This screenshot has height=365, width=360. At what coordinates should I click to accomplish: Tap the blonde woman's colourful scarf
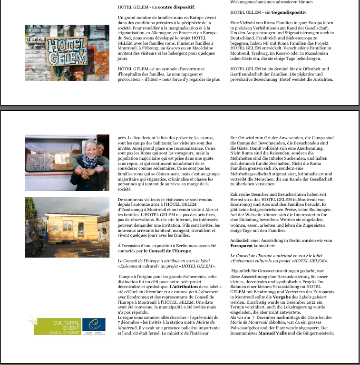(x=89, y=162)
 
